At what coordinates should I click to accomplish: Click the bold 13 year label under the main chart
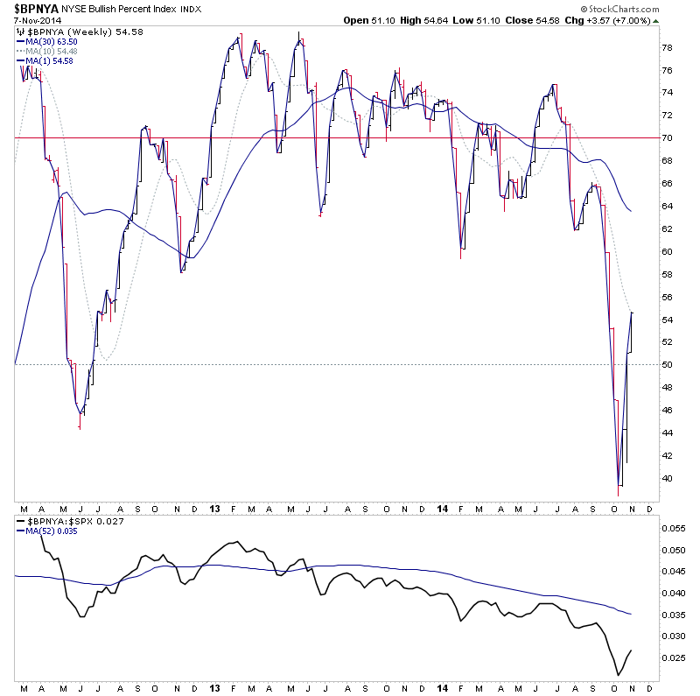(x=214, y=508)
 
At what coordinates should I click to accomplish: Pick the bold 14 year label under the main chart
(x=440, y=508)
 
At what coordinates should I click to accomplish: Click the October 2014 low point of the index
(x=618, y=496)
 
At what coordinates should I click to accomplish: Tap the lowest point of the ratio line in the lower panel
(x=618, y=675)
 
